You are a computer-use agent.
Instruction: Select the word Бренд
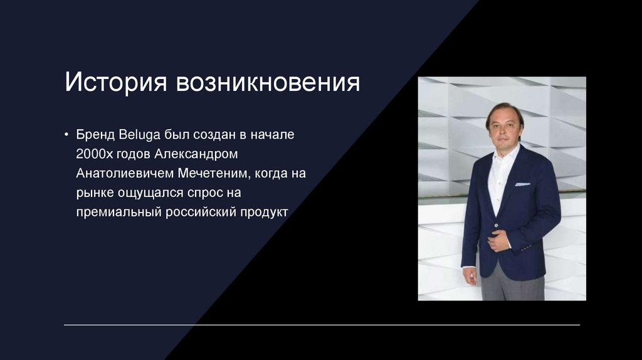[x=95, y=135]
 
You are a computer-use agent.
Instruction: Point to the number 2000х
[x=95, y=154]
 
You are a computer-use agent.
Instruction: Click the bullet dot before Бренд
[x=66, y=135]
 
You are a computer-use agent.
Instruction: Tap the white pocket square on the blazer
[x=522, y=184]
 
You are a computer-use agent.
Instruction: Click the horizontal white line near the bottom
[x=322, y=325]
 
